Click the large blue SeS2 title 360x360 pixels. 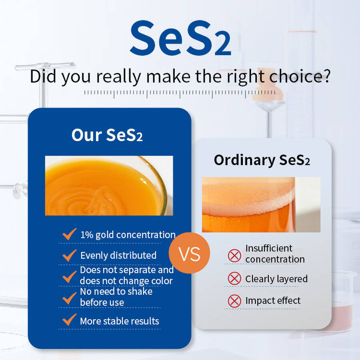[x=180, y=38]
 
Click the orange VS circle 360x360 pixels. [x=190, y=253]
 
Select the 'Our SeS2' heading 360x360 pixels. [x=107, y=135]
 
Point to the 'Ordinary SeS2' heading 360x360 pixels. [x=262, y=160]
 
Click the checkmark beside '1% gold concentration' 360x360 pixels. [x=70, y=234]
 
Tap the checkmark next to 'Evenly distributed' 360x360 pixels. [x=70, y=255]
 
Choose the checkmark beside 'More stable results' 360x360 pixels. [x=70, y=320]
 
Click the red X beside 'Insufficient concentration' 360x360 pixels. [x=234, y=256]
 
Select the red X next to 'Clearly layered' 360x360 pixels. [x=234, y=278]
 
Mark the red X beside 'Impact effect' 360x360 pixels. [x=234, y=301]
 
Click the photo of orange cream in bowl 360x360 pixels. [x=109, y=186]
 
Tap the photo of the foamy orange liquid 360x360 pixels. [x=261, y=204]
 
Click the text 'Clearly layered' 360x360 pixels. [x=276, y=279]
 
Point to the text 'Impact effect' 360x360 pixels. [x=273, y=300]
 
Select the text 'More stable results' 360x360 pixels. [x=119, y=321]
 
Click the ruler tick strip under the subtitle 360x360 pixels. [x=180, y=94]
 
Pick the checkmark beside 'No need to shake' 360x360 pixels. [x=70, y=298]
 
